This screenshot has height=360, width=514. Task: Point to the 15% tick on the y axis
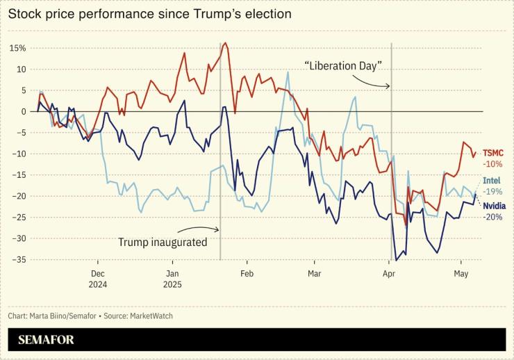click(17, 48)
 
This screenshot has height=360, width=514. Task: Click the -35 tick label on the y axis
click(19, 259)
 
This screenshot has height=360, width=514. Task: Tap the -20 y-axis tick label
click(19, 196)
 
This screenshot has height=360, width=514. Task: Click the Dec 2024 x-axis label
click(97, 279)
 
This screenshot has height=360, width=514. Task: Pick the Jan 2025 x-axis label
click(173, 279)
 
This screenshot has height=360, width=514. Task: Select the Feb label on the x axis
click(247, 274)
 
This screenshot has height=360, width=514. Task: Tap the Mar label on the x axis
click(314, 274)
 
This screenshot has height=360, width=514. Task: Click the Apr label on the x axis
click(388, 274)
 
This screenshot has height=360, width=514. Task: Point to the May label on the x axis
click(460, 274)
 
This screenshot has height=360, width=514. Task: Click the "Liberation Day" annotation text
click(344, 65)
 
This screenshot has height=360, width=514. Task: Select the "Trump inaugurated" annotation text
click(163, 243)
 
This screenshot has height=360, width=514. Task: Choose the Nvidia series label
click(494, 206)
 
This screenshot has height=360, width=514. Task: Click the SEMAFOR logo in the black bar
click(46, 340)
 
